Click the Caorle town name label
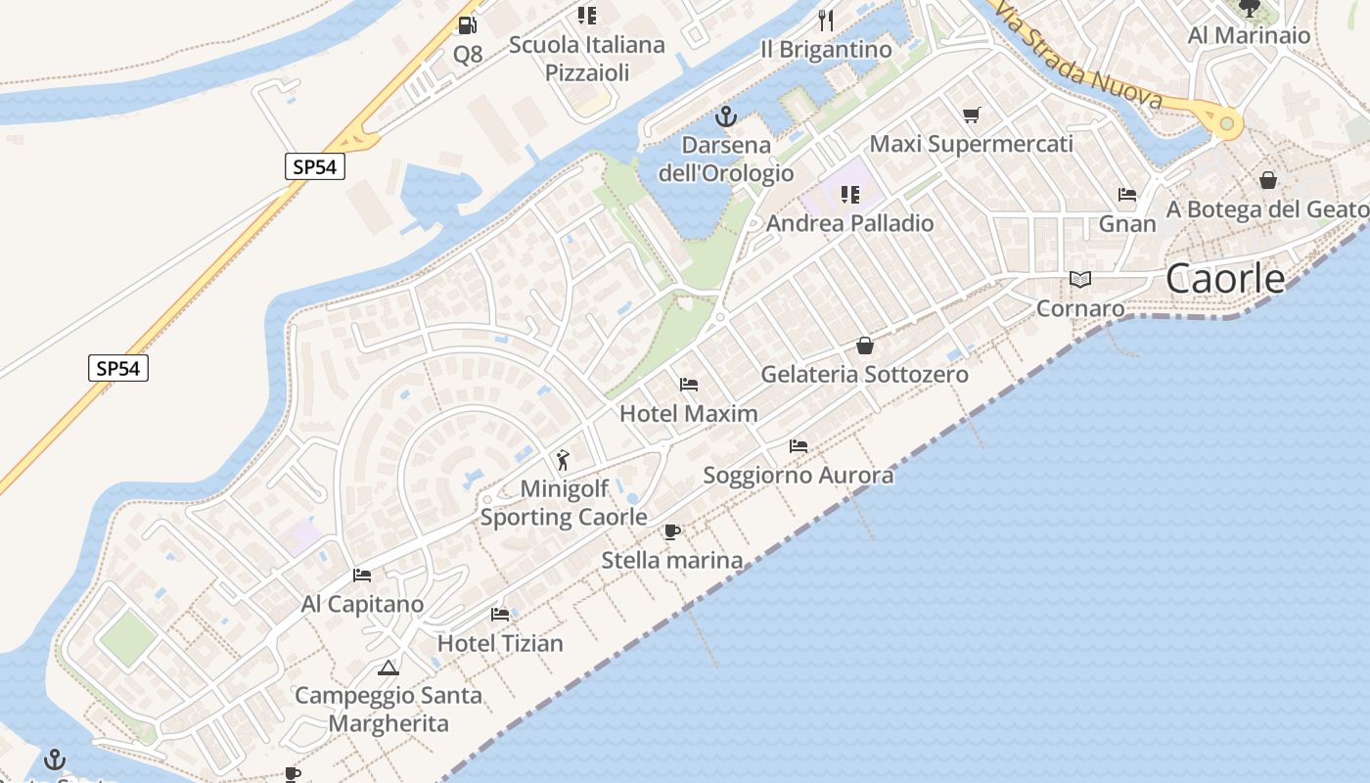1225,279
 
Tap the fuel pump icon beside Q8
468,25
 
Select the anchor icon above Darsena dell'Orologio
726,117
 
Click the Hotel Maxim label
689,413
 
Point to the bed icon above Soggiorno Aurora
799,446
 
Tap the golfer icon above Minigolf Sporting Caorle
563,460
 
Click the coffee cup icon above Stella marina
672,532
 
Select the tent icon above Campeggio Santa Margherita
388,668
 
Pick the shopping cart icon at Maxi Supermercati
972,115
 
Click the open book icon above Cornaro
1080,280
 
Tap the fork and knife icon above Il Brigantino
827,21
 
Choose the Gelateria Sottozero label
865,374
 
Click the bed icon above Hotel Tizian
500,615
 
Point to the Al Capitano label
363,604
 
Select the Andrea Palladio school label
850,223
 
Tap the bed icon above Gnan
1127,195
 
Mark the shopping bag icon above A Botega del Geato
1268,180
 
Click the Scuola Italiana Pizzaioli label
587,58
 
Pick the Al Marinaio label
1249,35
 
